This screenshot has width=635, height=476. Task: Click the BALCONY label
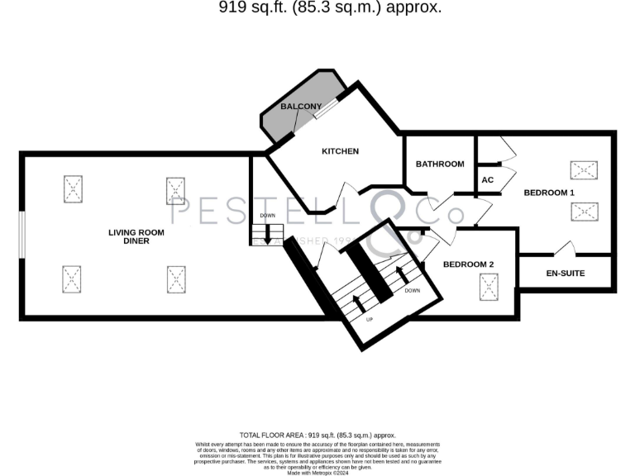coord(301,107)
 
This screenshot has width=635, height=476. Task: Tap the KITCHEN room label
coord(340,151)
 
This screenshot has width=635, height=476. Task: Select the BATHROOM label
coord(440,164)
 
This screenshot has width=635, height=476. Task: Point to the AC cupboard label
coord(487,179)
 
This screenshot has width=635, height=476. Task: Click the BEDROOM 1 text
coord(549,193)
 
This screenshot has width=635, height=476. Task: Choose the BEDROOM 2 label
coord(468,264)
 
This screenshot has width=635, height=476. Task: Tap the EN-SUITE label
coord(566,273)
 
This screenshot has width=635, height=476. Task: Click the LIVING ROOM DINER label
coord(136,237)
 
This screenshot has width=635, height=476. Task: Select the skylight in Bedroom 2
coord(491,288)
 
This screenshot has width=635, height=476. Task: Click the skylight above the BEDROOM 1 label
coord(584,171)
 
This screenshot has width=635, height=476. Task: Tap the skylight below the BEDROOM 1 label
coord(584,212)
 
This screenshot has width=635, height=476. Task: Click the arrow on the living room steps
coord(267,233)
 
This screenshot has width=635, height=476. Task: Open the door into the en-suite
coord(566,247)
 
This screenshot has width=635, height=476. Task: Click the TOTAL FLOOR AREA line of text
coord(317,435)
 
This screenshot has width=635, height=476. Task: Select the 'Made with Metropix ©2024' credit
coord(317,472)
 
